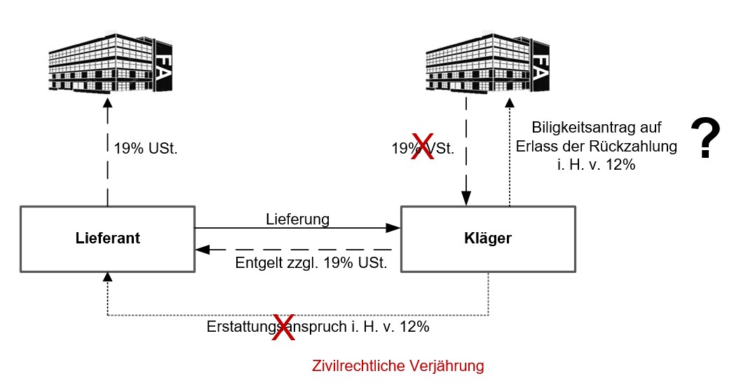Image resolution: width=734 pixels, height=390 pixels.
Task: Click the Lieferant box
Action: coord(107,238)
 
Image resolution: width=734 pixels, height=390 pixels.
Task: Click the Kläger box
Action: coord(488,238)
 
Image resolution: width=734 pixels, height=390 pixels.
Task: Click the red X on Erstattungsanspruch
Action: coord(283,328)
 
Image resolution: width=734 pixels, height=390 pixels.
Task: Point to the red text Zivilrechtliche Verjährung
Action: coord(397,365)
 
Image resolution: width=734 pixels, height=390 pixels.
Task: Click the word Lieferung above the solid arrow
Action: coord(297,219)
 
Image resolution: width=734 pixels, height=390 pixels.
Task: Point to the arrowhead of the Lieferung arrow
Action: coord(395,228)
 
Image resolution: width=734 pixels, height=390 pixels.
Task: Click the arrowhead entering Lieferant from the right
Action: coord(200,249)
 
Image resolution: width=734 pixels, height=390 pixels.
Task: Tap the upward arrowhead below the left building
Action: coord(107,102)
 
